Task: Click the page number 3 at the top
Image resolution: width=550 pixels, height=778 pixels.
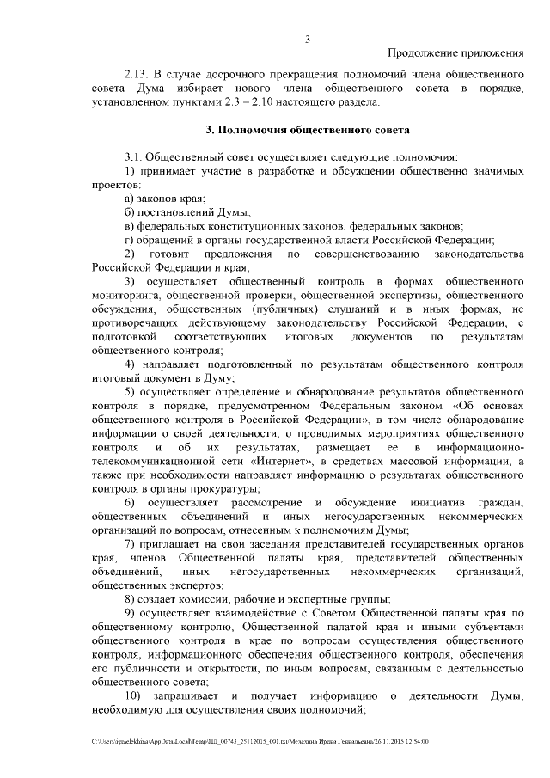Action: tap(307, 37)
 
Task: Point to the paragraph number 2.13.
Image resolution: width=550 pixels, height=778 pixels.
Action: tap(136, 75)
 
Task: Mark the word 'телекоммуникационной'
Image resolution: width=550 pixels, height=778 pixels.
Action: tap(145, 461)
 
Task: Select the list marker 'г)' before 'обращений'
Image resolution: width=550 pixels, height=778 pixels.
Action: tap(129, 240)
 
